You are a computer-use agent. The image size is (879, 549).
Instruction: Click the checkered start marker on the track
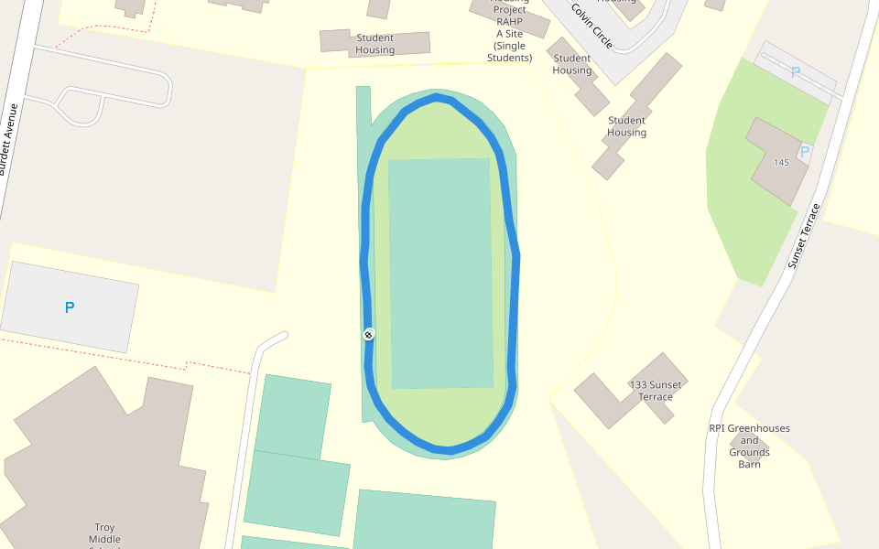(369, 334)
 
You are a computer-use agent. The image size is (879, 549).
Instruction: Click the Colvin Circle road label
(591, 25)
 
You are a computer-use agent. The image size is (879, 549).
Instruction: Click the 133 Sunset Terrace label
(656, 391)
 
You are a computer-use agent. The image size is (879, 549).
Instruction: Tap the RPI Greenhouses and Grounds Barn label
(749, 446)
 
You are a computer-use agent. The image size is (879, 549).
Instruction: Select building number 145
(781, 162)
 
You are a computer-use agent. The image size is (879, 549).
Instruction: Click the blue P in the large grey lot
(70, 308)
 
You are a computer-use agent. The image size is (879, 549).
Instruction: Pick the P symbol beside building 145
(805, 152)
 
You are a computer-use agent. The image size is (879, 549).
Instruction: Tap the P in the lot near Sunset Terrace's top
(795, 71)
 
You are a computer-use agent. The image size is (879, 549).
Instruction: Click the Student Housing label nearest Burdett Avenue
(375, 44)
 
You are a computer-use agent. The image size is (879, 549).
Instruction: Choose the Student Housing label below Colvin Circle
(626, 126)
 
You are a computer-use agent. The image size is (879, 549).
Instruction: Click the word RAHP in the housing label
(508, 21)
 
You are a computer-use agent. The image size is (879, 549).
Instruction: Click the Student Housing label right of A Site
(572, 65)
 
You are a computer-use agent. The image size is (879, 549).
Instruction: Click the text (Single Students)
(511, 51)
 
